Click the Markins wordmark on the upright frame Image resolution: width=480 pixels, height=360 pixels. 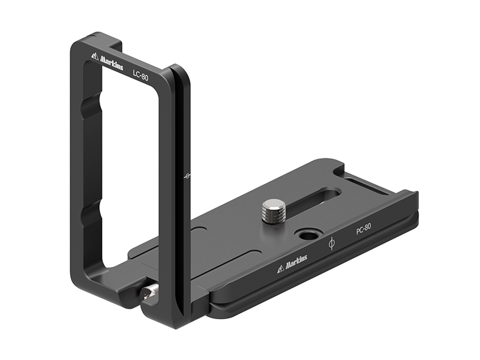[112, 63]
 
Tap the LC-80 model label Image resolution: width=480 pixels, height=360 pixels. [140, 76]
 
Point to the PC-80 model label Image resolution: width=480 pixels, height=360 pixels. [364, 229]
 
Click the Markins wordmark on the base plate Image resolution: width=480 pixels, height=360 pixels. [296, 262]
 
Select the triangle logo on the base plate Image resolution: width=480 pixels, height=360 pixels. [281, 269]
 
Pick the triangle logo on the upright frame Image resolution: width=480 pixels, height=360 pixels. [95, 56]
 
